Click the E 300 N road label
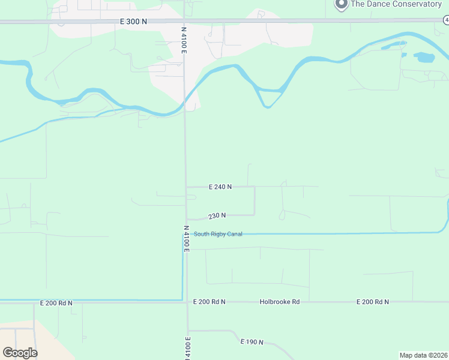point(133,22)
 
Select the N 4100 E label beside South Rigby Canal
point(186,239)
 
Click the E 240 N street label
point(220,187)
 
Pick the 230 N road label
point(217,215)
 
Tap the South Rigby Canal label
point(218,234)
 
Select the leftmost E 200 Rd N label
point(56,303)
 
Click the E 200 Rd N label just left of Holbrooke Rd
point(209,302)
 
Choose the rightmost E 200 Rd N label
point(372,302)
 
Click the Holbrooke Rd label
point(280,302)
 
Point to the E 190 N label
point(252,342)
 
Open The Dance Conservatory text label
point(396,4)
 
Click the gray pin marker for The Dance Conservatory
point(341,4)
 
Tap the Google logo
point(20,353)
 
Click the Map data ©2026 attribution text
point(423,355)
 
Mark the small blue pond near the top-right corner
point(424,58)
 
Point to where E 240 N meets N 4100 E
point(185,187)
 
